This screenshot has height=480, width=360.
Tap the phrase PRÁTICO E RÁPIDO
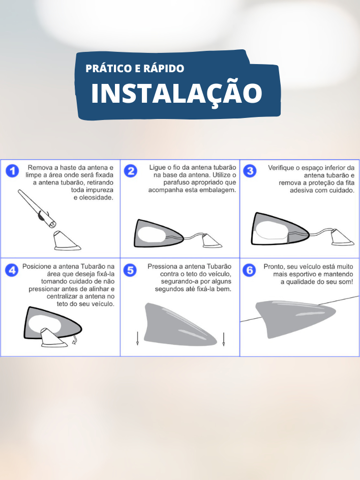tap(135, 68)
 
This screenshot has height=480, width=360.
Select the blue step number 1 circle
tap(13, 171)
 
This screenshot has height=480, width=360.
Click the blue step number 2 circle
tap(131, 171)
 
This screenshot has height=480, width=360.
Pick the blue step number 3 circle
tap(250, 171)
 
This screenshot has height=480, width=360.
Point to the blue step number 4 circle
tap(12, 271)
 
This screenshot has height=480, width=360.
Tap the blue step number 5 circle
tap(130, 271)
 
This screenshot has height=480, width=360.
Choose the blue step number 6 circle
tap(249, 271)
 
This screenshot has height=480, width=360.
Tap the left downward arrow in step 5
tap(137, 339)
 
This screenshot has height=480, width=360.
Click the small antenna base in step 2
tap(212, 241)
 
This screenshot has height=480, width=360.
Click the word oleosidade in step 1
tap(96, 197)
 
